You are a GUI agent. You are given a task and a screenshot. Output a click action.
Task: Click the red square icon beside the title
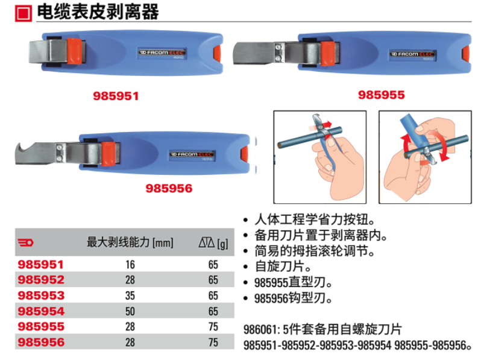click(24, 13)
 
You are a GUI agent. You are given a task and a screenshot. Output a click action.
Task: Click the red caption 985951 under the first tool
click(116, 96)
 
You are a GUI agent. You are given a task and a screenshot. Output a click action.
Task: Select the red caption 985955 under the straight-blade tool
click(382, 95)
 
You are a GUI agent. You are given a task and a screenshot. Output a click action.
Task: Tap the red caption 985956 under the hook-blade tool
click(169, 188)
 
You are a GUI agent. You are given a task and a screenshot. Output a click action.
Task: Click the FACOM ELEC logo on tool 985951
click(162, 52)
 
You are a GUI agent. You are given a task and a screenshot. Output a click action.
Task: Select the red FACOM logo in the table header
click(25, 243)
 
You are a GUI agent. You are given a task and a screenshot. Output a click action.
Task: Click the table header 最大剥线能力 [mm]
click(130, 242)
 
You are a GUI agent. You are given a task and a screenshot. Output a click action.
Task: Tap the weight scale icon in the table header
click(207, 242)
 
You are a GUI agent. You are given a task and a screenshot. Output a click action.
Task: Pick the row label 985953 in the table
click(41, 295)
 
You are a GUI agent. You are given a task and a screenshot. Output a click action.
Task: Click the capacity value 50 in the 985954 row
click(130, 311)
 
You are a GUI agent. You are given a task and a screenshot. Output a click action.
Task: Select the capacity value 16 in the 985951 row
click(130, 265)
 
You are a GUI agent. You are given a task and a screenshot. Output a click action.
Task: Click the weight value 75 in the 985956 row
click(213, 342)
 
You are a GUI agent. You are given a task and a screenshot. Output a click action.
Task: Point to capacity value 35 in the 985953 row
click(130, 295)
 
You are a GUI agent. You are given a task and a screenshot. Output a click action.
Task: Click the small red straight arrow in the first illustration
click(327, 124)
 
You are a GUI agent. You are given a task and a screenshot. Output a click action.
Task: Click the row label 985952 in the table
click(41, 280)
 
